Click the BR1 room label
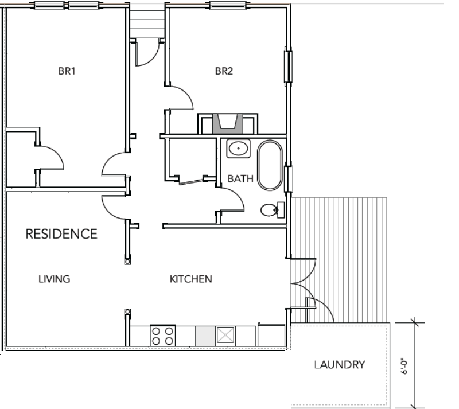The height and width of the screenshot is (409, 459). point(67,71)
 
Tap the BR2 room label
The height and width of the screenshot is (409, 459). point(224,71)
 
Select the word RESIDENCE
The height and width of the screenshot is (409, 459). point(61,234)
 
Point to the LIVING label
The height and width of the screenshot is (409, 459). point(55,279)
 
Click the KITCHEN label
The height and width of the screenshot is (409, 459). point(191,279)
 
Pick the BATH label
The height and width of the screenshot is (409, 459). point(240,178)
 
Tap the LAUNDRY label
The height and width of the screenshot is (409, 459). point(340,365)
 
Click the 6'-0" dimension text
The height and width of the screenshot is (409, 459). point(404,366)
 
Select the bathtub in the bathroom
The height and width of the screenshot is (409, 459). point(270,165)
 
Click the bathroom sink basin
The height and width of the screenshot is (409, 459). point(239,149)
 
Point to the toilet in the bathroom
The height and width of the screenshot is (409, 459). point(272,210)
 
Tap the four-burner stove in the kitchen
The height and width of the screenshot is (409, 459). point(163,336)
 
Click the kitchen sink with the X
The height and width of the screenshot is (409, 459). point(225,335)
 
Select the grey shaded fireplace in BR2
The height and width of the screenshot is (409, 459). point(228,123)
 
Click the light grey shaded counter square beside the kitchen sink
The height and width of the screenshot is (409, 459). point(205,336)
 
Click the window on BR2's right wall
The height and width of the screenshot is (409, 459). point(288,67)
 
